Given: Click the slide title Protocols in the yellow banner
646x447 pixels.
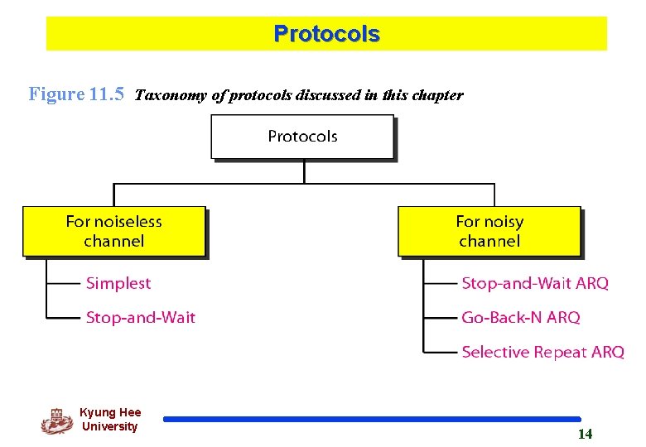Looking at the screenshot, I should [x=326, y=34].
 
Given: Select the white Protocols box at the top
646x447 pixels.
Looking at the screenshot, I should [x=302, y=137].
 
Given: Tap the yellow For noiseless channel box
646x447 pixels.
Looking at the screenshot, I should [x=113, y=231].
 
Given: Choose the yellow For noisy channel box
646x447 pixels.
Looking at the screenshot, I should [x=489, y=231].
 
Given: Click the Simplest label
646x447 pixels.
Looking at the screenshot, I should [x=118, y=283].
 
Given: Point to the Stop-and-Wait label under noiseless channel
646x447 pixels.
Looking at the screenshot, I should [x=141, y=317].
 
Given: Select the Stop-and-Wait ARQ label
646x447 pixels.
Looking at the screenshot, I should [x=535, y=283].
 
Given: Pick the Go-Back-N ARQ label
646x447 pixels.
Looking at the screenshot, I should [x=521, y=317].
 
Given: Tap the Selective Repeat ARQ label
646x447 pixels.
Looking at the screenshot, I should [x=542, y=352].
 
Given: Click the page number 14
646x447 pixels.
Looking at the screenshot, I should [x=585, y=435].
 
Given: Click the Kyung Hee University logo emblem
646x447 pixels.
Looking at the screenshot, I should [x=56, y=421].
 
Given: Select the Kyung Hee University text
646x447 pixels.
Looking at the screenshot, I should [x=110, y=419].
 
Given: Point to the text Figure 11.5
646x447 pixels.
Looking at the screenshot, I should [x=76, y=94].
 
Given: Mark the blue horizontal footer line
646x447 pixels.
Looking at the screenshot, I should [x=372, y=420].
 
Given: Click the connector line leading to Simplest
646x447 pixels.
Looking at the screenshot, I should [x=63, y=283].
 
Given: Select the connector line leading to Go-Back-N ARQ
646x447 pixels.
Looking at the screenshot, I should [x=441, y=317].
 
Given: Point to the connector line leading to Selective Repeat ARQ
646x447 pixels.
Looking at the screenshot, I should [x=441, y=352].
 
